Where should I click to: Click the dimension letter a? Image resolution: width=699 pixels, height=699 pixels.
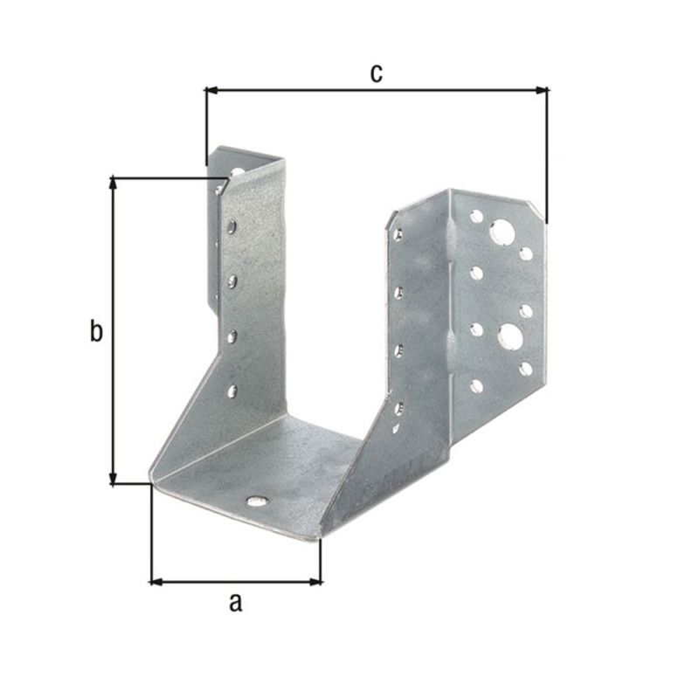click(236, 602)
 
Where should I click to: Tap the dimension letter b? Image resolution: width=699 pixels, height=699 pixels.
click(96, 331)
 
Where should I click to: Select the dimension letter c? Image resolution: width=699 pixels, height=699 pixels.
click(377, 73)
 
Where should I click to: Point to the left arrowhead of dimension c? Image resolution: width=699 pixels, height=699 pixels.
click(211, 91)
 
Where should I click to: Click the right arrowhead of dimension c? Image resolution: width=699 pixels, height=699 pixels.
click(541, 91)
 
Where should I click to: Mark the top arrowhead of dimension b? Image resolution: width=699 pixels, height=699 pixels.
click(114, 184)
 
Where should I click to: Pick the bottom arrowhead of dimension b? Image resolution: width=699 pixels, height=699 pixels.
click(114, 477)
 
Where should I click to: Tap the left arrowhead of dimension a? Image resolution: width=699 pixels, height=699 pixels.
click(158, 582)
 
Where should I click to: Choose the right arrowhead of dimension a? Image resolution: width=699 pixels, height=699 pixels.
click(315, 582)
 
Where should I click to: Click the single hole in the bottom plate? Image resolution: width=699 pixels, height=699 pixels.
click(257, 502)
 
